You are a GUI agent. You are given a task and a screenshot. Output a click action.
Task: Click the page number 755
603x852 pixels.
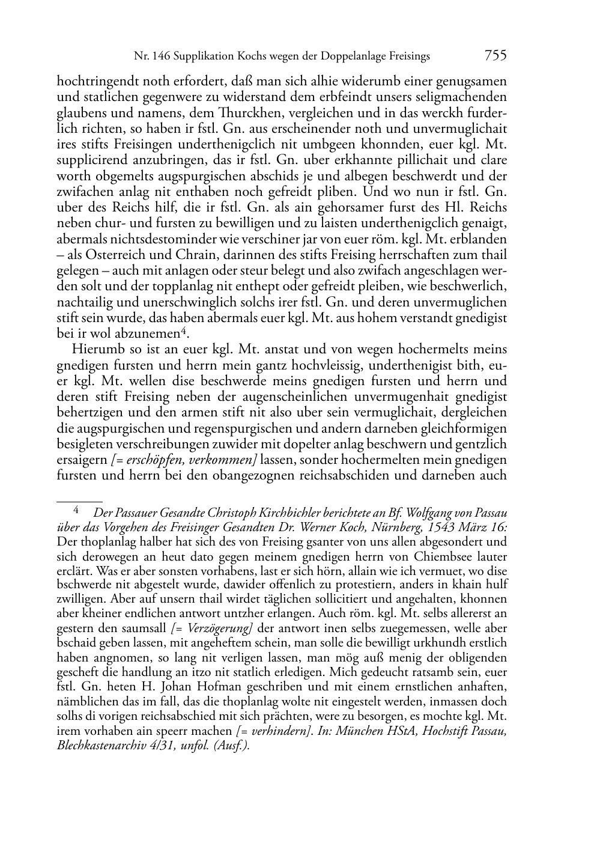point(495,56)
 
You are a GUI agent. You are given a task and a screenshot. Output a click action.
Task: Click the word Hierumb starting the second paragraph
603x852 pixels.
point(93,349)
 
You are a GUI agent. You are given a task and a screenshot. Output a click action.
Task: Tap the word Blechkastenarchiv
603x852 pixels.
point(97,745)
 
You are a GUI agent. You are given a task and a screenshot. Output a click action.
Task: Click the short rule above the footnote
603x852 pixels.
point(79,500)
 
